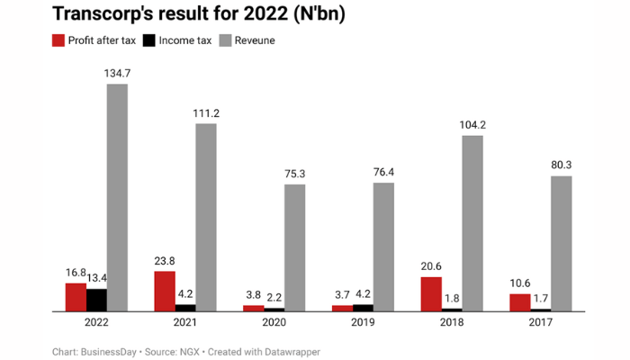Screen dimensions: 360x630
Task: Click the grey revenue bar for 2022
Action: coord(117,198)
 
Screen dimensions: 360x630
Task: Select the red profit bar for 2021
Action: coord(165,291)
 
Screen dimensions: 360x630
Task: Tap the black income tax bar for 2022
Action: coord(96,300)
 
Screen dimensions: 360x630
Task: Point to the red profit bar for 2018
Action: coord(431,293)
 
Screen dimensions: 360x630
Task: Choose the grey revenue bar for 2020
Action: coord(294,247)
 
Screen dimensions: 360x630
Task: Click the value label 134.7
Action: coord(117,73)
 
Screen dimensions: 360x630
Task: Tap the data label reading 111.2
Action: coord(206,112)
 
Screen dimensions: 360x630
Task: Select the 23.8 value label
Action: coord(165,261)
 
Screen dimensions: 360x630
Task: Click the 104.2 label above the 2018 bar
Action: coord(472,125)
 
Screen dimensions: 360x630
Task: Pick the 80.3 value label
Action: coord(561,165)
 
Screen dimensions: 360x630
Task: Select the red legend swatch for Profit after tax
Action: coord(59,40)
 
